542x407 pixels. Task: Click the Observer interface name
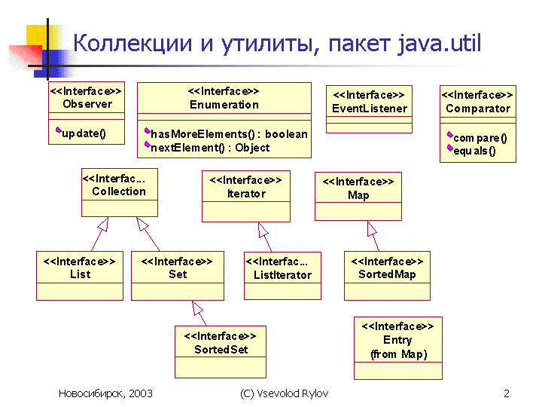pyautogui.click(x=87, y=104)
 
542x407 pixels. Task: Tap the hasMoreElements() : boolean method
pyautogui.click(x=229, y=134)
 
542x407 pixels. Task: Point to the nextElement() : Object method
pyautogui.click(x=210, y=148)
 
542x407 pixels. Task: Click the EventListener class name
pyautogui.click(x=370, y=109)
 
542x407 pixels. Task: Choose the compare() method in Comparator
pyautogui.click(x=480, y=138)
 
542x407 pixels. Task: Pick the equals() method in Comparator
pyautogui.click(x=474, y=151)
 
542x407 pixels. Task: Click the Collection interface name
pyautogui.click(x=119, y=191)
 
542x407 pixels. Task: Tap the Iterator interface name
pyautogui.click(x=246, y=194)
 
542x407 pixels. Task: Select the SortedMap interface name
pyautogui.click(x=387, y=274)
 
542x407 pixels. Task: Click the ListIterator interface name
pyautogui.click(x=282, y=275)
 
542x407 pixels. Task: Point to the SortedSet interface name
pyautogui.click(x=221, y=350)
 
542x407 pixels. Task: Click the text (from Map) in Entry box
pyautogui.click(x=398, y=354)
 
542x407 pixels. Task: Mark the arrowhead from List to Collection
pyautogui.click(x=104, y=224)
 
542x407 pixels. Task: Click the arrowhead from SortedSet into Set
pyautogui.click(x=196, y=308)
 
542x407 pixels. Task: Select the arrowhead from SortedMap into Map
pyautogui.click(x=371, y=228)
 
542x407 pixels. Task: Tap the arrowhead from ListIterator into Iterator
pyautogui.click(x=263, y=230)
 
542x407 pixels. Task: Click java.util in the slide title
pyautogui.click(x=439, y=43)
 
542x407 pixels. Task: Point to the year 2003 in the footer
pyautogui.click(x=140, y=393)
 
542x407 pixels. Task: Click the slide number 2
pyautogui.click(x=507, y=393)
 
